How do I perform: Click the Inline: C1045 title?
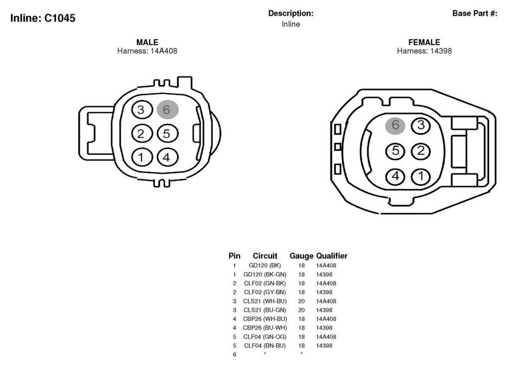click(43, 18)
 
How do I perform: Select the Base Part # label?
click(475, 14)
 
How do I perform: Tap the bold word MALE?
click(147, 42)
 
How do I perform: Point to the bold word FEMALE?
click(424, 42)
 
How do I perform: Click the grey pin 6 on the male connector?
click(168, 109)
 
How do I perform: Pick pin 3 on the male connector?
click(142, 110)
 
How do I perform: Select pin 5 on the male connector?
click(167, 133)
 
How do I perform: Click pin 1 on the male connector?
click(142, 157)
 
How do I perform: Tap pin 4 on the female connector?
click(395, 176)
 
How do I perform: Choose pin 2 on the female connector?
click(421, 151)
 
